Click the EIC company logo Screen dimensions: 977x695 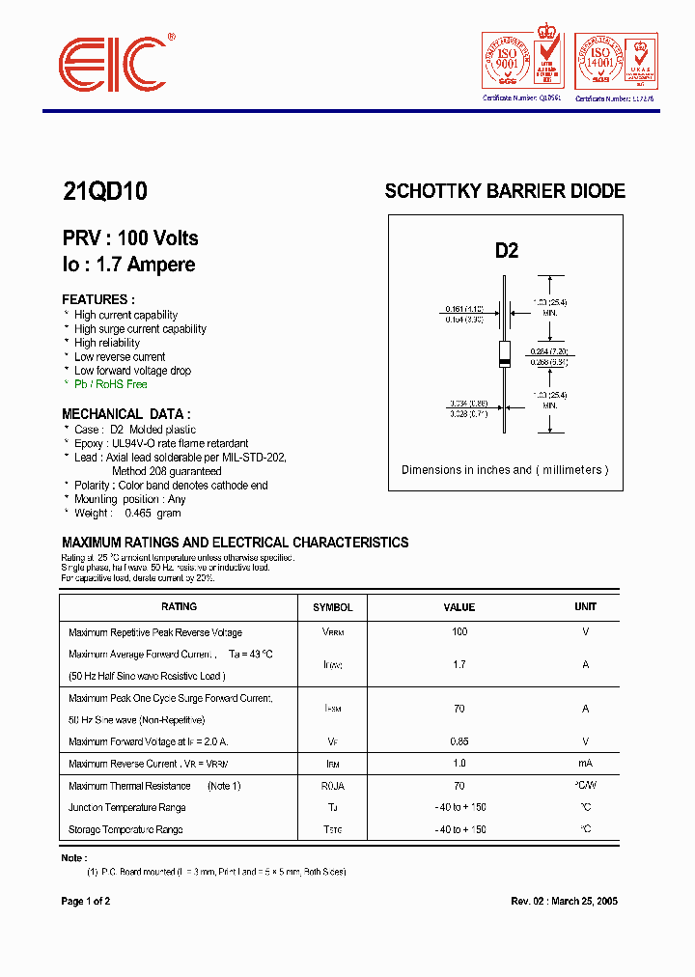(115, 66)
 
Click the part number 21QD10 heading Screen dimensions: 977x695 (105, 191)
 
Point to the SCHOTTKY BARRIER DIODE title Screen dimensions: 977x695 (505, 191)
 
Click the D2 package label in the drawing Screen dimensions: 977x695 (507, 251)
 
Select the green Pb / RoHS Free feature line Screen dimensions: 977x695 (110, 384)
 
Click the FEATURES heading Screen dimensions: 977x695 (98, 299)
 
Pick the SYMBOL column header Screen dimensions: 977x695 (333, 607)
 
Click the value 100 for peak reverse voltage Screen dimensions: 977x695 (459, 631)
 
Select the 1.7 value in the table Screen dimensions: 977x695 (459, 664)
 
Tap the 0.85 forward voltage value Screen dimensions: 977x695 (459, 741)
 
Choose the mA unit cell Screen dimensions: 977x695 (585, 764)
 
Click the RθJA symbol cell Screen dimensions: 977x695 (333, 786)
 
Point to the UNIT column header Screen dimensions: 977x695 (585, 606)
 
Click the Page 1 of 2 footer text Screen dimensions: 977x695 (86, 901)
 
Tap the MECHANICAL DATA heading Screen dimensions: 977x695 (126, 414)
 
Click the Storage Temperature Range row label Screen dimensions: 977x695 (125, 829)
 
